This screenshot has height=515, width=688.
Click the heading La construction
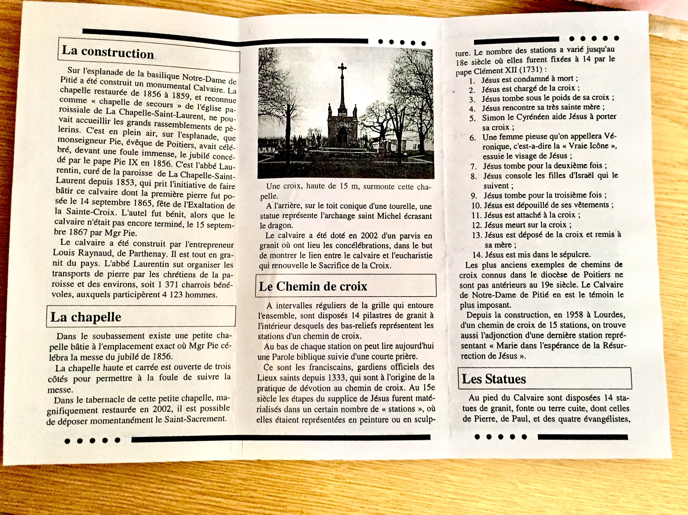[x=108, y=52]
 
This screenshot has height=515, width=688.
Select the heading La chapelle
[x=86, y=317]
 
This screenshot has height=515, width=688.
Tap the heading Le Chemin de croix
[x=313, y=286]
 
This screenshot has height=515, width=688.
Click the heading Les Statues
[x=494, y=379]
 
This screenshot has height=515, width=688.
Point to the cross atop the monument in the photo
[x=342, y=68]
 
